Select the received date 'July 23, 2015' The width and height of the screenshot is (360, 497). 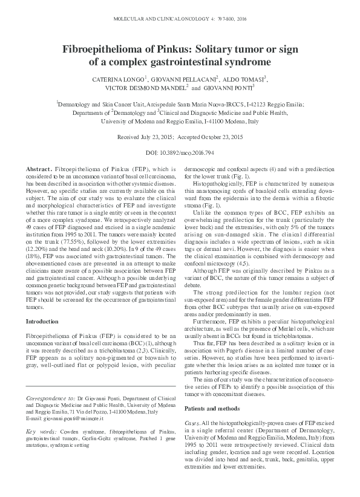[158, 138]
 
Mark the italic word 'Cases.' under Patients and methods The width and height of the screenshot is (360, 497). [192, 422]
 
